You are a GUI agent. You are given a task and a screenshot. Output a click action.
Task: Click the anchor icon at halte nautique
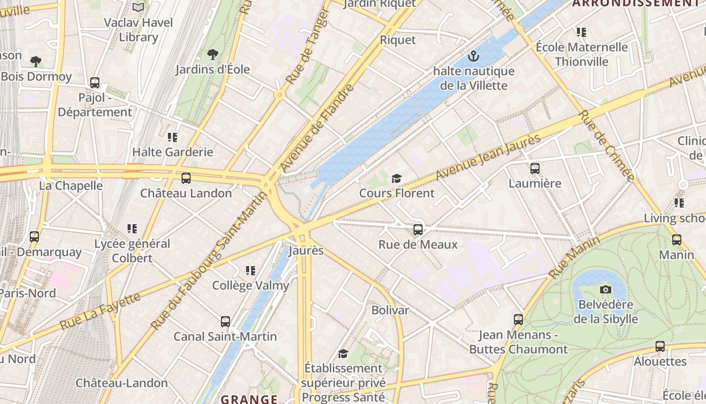(x=474, y=56)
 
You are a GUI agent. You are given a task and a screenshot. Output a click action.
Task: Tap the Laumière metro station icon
(x=535, y=169)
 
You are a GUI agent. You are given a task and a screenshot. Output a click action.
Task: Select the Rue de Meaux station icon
(x=418, y=230)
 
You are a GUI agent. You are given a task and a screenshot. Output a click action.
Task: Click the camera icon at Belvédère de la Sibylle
(x=606, y=289)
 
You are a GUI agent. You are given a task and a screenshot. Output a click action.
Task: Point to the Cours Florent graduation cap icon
(x=397, y=178)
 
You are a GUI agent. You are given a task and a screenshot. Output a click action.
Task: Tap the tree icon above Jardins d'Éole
(x=213, y=54)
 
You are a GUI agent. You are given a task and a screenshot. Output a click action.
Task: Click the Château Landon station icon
(x=186, y=178)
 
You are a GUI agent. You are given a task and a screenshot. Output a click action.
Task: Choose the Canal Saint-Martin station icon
(x=225, y=321)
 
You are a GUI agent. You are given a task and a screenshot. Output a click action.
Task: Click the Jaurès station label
(x=306, y=250)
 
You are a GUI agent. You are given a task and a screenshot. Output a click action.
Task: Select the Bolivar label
(x=390, y=310)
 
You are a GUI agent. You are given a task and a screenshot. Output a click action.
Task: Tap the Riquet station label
(x=398, y=40)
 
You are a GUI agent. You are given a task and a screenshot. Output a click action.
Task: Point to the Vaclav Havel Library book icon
(x=138, y=7)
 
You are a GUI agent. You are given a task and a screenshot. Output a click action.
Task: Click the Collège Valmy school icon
(x=251, y=271)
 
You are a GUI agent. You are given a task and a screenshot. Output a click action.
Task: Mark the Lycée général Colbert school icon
(x=132, y=229)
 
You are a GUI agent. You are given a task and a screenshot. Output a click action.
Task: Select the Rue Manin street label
(x=574, y=258)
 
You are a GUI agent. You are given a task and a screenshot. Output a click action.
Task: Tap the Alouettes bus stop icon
(x=660, y=346)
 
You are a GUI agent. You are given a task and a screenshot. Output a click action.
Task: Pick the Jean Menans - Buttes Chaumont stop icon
(x=518, y=319)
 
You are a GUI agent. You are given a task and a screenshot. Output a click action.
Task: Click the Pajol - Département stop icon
(x=95, y=83)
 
